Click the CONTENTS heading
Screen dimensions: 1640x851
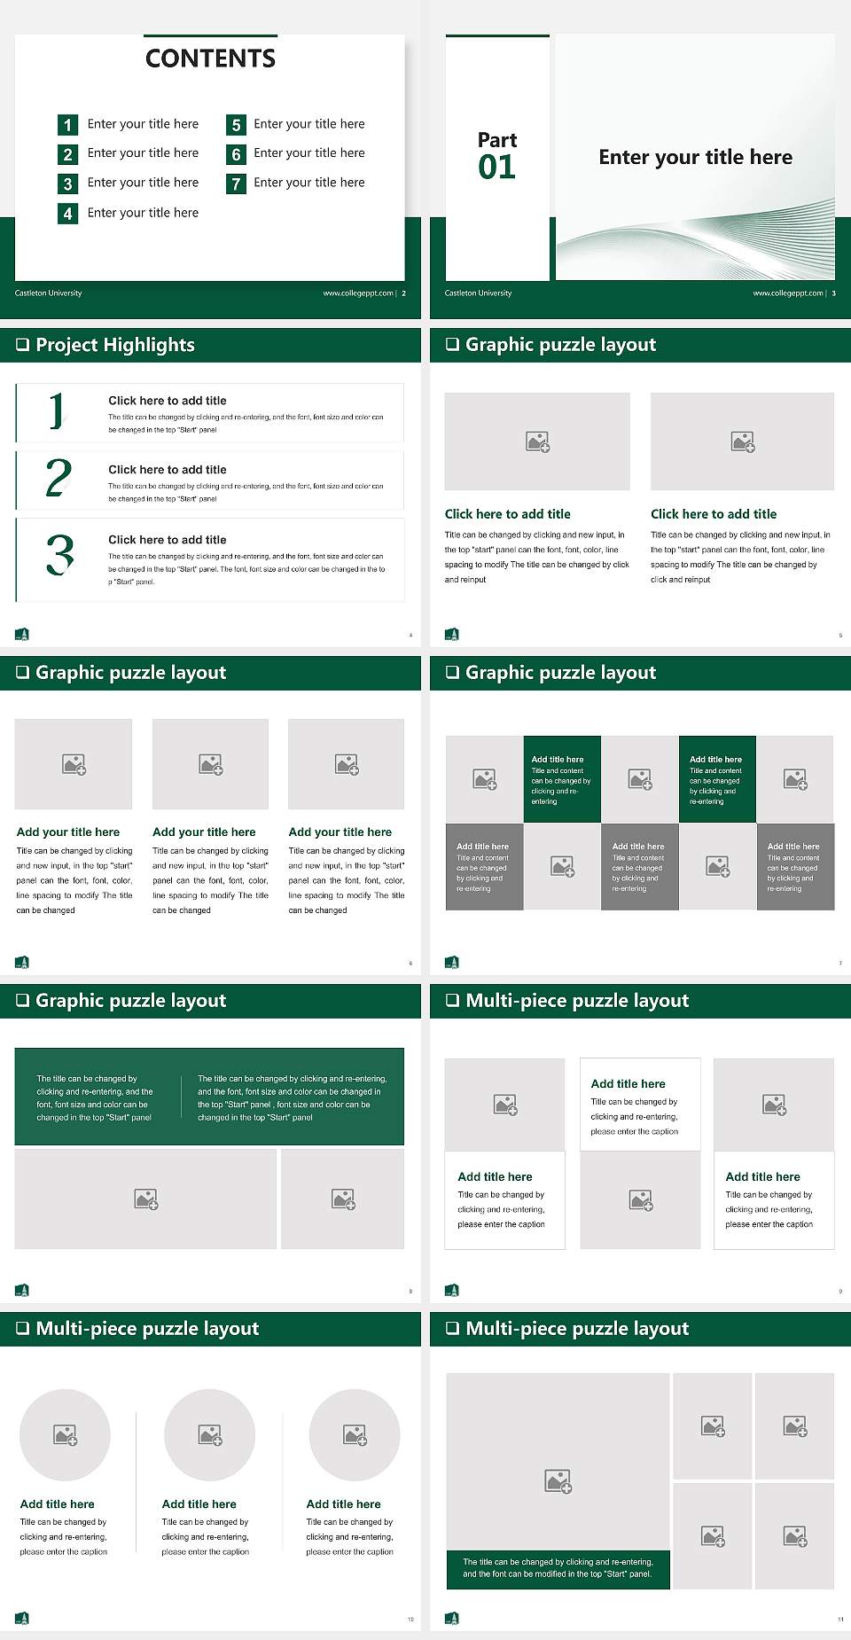pyautogui.click(x=210, y=59)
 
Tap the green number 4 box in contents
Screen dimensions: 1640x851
pyautogui.click(x=67, y=214)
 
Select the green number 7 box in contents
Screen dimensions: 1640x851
pyautogui.click(x=236, y=184)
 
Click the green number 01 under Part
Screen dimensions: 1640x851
pyautogui.click(x=496, y=168)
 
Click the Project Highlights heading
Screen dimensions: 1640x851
pyautogui.click(x=115, y=345)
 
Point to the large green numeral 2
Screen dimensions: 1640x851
pyautogui.click(x=59, y=478)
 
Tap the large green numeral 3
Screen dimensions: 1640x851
pyautogui.click(x=59, y=555)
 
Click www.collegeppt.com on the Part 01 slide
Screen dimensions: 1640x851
pyautogui.click(x=787, y=293)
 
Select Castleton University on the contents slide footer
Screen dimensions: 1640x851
pyautogui.click(x=49, y=293)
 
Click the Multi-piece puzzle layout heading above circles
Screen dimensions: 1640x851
pyautogui.click(x=147, y=1329)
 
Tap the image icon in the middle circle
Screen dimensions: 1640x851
pyautogui.click(x=210, y=1435)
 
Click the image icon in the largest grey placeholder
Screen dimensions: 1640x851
pyautogui.click(x=558, y=1481)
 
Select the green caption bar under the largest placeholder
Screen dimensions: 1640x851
pyautogui.click(x=558, y=1568)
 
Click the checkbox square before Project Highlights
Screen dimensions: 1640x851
pyautogui.click(x=23, y=345)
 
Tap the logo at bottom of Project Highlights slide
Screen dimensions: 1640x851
pyautogui.click(x=22, y=634)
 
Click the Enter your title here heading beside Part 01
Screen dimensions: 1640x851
pyautogui.click(x=695, y=158)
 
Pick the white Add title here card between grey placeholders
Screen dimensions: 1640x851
pyautogui.click(x=640, y=1105)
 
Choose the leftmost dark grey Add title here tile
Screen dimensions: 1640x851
pyautogui.click(x=484, y=867)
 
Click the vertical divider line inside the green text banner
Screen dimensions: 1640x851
pyautogui.click(x=182, y=1097)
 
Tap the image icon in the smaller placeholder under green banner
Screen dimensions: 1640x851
pyautogui.click(x=343, y=1199)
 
